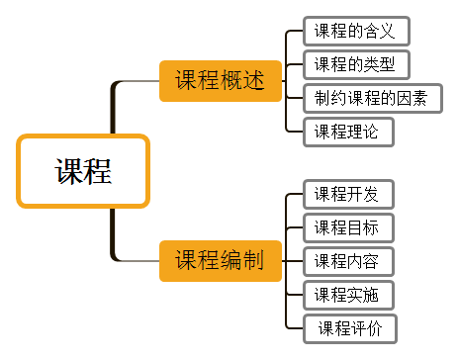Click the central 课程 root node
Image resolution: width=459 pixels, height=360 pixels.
pos(83,171)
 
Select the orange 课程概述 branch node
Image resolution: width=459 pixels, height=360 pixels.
pos(221,81)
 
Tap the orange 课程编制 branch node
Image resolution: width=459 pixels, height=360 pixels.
pos(221,261)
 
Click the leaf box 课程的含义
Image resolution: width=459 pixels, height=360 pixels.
pos(355,31)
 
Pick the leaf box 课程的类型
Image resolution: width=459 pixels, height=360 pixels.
pos(355,65)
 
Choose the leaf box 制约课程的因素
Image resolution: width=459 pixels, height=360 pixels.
pos(372,99)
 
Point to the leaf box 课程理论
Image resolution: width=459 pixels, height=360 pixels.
pos(348,132)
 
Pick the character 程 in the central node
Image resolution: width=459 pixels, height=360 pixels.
pos(98,171)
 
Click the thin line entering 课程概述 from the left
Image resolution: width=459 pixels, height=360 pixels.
pos(138,81)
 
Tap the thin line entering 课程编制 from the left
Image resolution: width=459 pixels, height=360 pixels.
pos(138,261)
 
